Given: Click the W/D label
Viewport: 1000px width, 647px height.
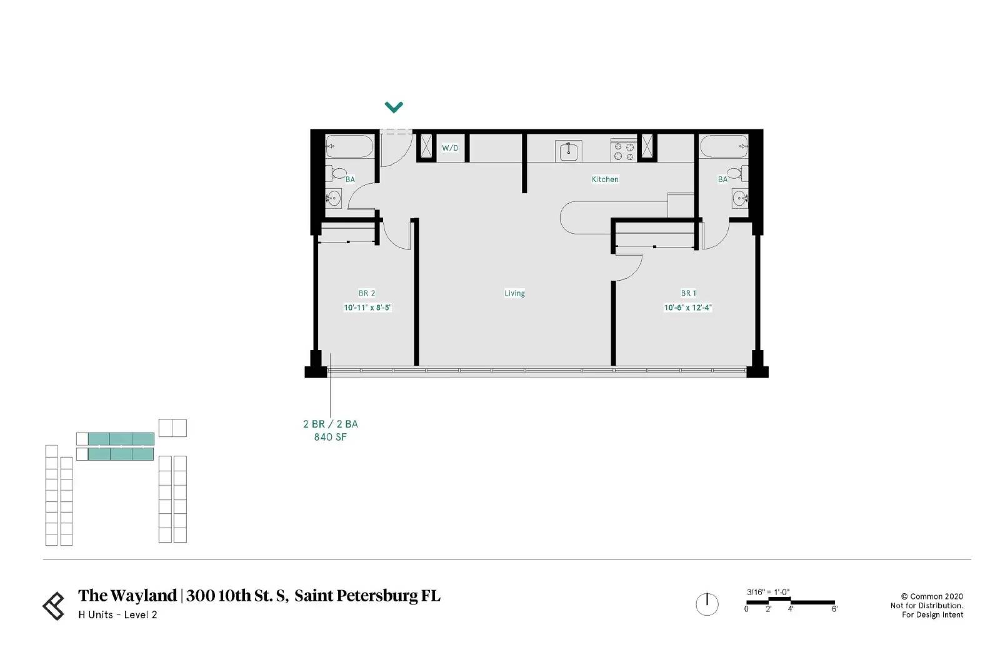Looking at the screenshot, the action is click(450, 148).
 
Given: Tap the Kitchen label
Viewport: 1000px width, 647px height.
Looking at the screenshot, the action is click(605, 179).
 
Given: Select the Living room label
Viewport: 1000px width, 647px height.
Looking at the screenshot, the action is click(514, 293).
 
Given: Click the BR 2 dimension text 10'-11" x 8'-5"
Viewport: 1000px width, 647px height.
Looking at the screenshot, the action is click(367, 307).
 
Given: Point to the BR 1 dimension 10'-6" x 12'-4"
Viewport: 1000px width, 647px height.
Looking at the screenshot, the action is click(687, 307).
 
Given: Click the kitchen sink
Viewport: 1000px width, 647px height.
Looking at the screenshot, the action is click(568, 151).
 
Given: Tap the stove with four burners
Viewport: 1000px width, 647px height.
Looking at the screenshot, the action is click(624, 151).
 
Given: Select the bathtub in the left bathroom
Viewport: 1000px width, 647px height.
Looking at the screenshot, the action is click(349, 146).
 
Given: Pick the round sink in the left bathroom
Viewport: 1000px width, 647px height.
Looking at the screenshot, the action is click(332, 198).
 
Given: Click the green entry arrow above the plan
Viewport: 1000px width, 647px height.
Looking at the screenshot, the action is click(394, 107).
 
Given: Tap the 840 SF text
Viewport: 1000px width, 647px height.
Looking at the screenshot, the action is click(331, 437).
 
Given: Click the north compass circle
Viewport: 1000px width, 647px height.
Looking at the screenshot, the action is click(707, 604).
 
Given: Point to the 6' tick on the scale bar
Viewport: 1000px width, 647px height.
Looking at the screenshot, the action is click(834, 609).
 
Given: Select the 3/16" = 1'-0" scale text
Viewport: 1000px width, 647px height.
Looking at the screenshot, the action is click(768, 592).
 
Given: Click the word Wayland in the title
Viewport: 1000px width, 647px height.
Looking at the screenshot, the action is click(143, 595).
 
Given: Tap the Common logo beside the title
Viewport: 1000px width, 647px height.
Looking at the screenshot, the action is click(54, 606).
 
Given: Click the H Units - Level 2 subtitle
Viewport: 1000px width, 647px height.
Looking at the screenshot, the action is click(117, 614).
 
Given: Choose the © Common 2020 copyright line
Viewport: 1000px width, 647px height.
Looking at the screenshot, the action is click(932, 596).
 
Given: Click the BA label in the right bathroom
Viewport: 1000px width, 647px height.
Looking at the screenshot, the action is click(722, 179).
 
